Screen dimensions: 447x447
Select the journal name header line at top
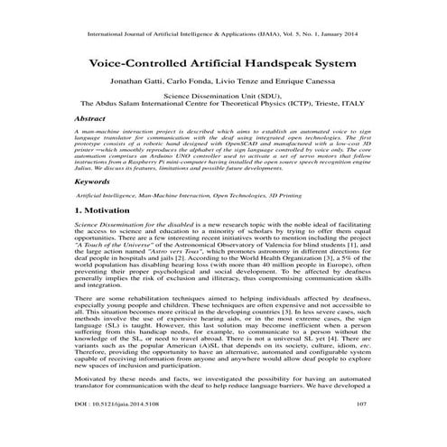223,36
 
